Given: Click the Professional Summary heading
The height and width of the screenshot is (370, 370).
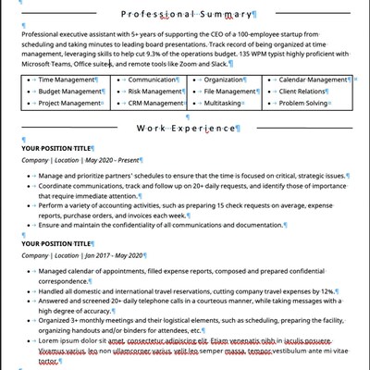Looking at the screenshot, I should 190,17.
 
